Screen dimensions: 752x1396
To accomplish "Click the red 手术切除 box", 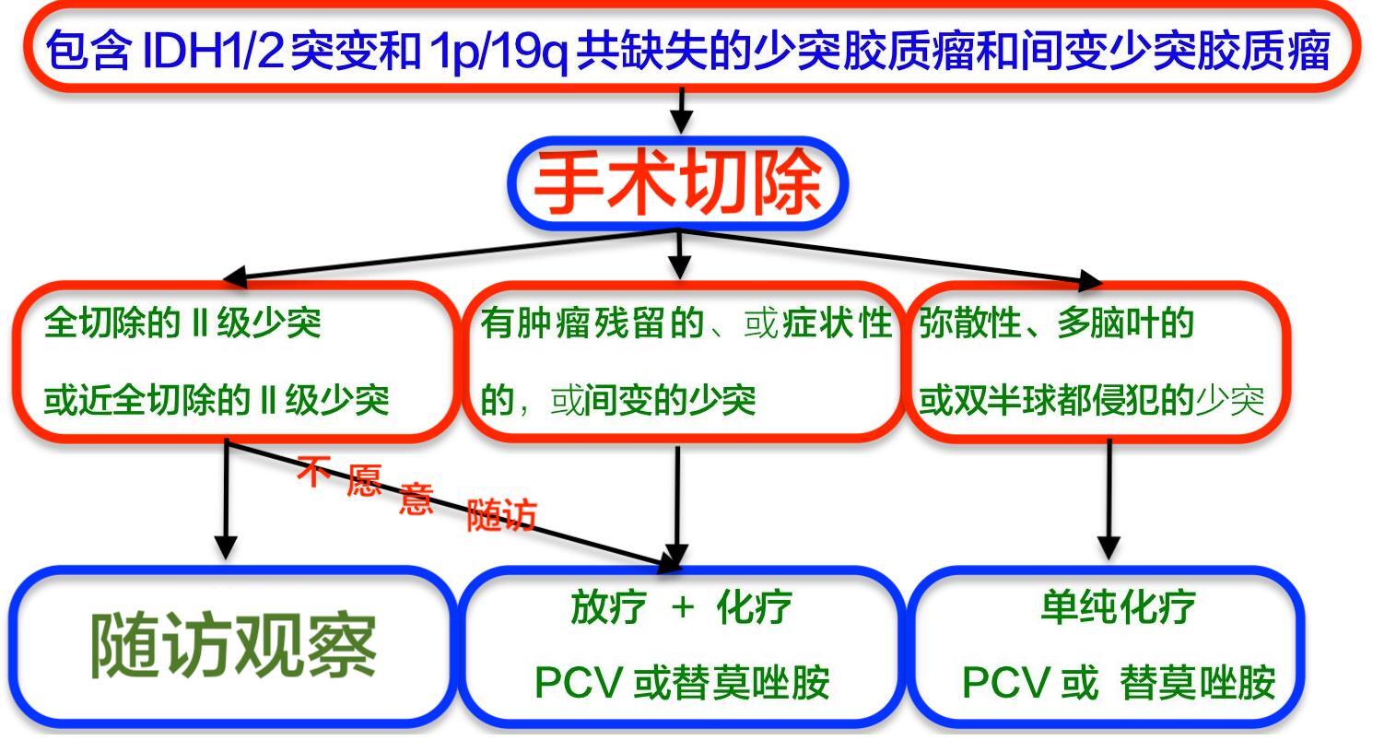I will (678, 182).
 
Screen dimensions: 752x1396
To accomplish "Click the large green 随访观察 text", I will (233, 645).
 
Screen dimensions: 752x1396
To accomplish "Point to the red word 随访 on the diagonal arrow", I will (501, 515).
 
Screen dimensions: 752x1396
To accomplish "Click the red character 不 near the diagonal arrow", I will (313, 473).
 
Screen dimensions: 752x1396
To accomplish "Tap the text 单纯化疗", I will (1117, 607).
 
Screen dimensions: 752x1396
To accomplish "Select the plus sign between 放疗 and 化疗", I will (682, 607).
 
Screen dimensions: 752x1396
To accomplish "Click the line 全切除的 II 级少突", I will (182, 323).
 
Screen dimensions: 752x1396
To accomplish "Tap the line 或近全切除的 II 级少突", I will (217, 400).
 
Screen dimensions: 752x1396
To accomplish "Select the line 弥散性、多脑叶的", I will (1056, 323).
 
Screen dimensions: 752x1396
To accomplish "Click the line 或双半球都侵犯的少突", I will (1092, 400).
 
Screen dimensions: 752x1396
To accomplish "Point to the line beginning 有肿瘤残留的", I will (686, 323).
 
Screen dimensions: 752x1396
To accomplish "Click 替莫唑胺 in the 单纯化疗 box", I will (1197, 684).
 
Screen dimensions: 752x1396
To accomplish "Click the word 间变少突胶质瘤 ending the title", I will (1175, 51).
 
